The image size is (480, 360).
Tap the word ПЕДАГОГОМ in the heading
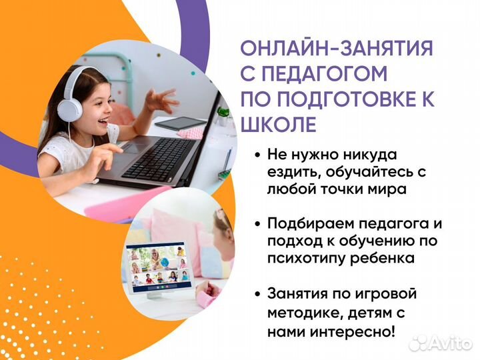click(323, 73)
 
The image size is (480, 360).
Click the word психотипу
click(303, 257)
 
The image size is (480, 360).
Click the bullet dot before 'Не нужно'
click(257, 155)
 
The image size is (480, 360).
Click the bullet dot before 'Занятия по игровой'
click(257, 294)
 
